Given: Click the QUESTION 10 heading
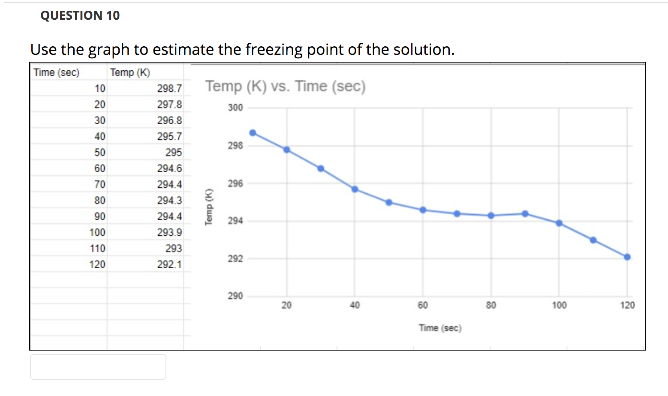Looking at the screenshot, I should coord(80,15).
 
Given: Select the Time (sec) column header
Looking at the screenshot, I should coord(57,72).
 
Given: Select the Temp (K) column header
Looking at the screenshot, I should coord(130,72).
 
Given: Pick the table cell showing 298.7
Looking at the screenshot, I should coord(169,88).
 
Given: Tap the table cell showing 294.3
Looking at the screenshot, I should coord(169,200).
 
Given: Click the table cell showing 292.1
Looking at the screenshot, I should coord(169,264).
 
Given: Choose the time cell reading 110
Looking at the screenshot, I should coord(97,249).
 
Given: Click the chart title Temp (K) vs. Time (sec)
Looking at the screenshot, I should coord(285,86).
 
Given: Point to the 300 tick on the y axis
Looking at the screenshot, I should coord(235,108).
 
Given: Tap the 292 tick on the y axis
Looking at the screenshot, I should coord(235,258).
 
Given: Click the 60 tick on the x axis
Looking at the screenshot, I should coord(423,305).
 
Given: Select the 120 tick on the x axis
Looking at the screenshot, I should coord(627,305).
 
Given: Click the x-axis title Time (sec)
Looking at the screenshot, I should coord(440,328).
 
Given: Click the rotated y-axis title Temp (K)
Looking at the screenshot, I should coord(209,207).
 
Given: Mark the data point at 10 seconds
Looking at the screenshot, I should coord(253,133).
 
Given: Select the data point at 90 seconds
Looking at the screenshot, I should coord(525,213).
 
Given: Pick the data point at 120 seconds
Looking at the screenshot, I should coord(627,257).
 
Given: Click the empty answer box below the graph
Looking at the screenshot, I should coord(98,367).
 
